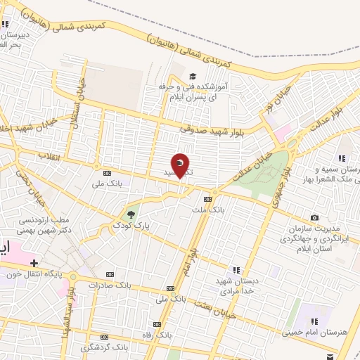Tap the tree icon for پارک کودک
[x=131, y=214]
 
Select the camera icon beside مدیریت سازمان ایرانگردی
[x=314, y=217]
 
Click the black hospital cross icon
[x=33, y=262]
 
